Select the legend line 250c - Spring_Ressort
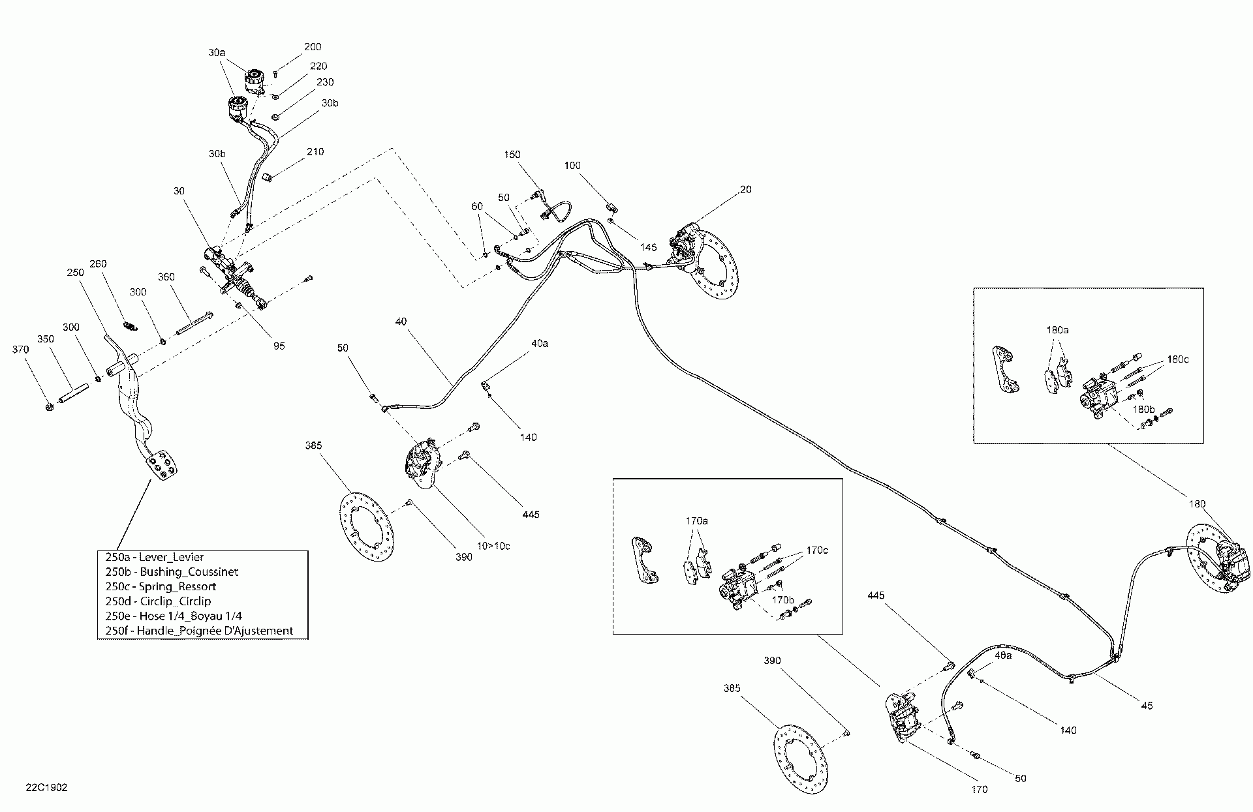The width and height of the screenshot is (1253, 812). (161, 586)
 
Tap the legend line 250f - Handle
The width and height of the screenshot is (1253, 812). (199, 631)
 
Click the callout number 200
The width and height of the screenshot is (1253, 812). (313, 47)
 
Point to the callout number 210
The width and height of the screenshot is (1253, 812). (315, 152)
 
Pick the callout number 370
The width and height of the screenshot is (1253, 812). (21, 350)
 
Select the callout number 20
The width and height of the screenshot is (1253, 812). (746, 190)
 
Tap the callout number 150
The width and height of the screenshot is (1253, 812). (512, 155)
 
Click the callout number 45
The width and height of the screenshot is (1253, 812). (1147, 706)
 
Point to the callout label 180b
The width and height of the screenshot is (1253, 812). (1143, 410)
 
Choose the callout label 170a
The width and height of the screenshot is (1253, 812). (696, 521)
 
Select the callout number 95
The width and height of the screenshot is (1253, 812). (279, 346)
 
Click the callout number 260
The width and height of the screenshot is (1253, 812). (97, 264)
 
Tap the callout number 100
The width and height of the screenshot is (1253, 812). (572, 166)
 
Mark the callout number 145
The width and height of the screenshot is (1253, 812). (648, 247)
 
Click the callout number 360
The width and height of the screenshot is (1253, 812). (166, 277)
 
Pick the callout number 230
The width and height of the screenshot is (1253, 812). (325, 82)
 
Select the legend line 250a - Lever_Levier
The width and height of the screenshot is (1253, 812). (155, 557)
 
